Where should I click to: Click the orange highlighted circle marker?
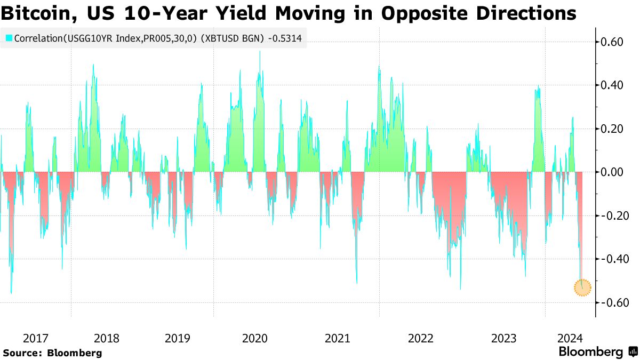pos(582,287)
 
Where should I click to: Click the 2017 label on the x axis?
pos(36,338)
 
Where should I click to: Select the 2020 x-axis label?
pos(254,338)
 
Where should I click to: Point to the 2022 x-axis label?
pos(421,338)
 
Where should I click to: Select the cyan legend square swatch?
pos(9,38)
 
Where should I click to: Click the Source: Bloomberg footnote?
pos(52,353)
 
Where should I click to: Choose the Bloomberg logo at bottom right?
pos(590,352)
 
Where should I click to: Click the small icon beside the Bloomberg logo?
pos(633,352)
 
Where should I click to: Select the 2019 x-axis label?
pos(178,338)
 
